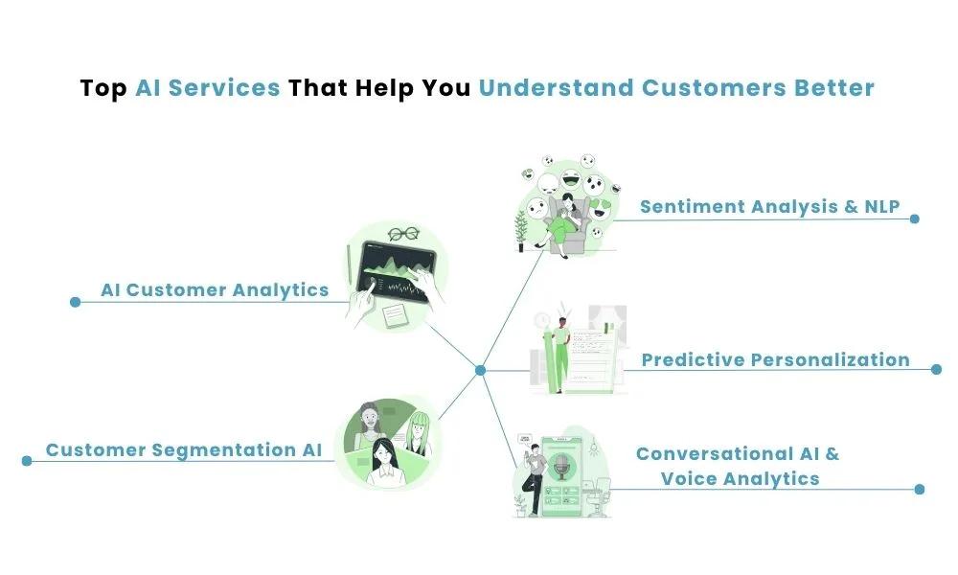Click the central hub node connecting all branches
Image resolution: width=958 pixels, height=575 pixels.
click(481, 370)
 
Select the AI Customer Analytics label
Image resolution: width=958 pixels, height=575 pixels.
click(215, 289)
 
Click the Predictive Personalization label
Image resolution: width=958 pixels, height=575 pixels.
click(775, 360)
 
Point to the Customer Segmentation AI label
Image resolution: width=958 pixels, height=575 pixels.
click(184, 449)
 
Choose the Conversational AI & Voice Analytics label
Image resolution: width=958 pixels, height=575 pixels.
click(738, 466)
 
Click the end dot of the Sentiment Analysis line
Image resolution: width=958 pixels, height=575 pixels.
click(914, 218)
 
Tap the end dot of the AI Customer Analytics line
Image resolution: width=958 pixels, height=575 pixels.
click(75, 302)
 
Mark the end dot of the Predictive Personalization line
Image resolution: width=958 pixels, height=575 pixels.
click(936, 369)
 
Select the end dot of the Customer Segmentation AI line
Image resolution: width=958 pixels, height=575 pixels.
click(27, 461)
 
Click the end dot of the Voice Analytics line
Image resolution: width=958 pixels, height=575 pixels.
click(919, 489)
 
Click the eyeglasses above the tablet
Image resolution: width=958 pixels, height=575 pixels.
click(404, 234)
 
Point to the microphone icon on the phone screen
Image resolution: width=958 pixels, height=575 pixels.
click(561, 468)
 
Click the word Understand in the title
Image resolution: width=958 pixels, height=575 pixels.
click(557, 88)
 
